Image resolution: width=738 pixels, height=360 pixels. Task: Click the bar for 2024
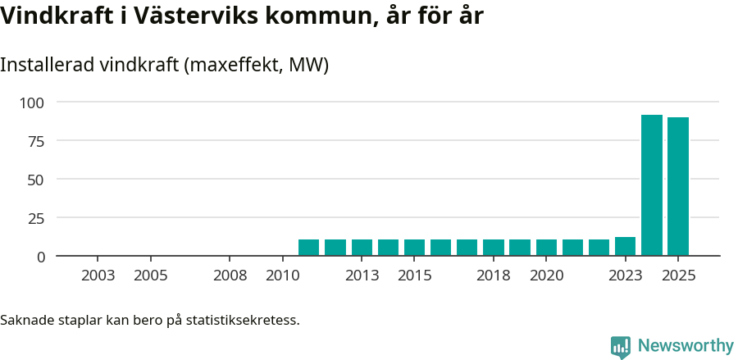click(651, 185)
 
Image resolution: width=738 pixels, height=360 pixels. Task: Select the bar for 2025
click(677, 186)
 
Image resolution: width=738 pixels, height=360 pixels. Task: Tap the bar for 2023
click(625, 247)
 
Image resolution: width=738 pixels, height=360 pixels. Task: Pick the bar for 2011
click(308, 248)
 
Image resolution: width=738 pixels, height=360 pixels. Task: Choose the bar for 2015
click(414, 248)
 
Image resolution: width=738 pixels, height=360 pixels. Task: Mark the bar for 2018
click(493, 248)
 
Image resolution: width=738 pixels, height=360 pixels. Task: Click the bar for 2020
click(546, 248)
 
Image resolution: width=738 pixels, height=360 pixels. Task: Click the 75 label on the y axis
click(37, 141)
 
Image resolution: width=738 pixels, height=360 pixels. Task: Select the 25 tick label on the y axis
click(37, 218)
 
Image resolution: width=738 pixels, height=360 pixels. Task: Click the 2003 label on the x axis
click(98, 276)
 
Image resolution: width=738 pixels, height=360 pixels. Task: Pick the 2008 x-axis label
click(230, 276)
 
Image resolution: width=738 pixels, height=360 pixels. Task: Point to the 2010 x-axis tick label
click(282, 276)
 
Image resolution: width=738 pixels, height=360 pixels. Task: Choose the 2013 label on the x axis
click(362, 276)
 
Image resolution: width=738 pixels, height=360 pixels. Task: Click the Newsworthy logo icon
click(621, 347)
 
